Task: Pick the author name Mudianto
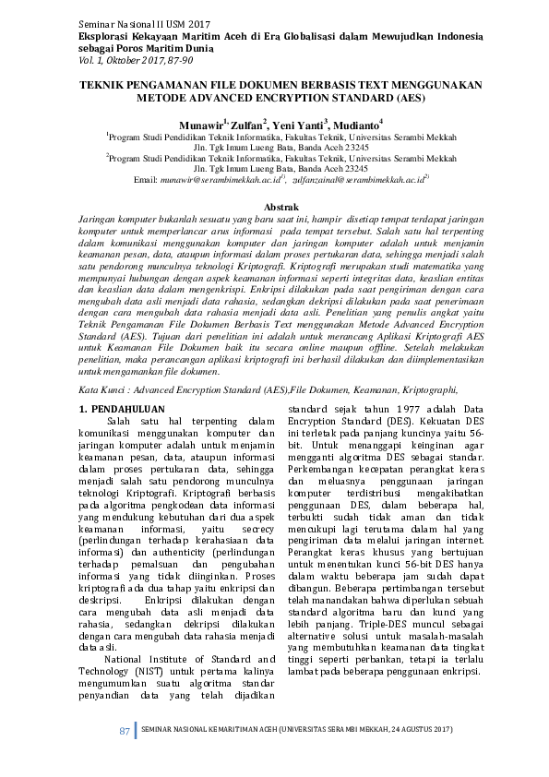click(354, 123)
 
